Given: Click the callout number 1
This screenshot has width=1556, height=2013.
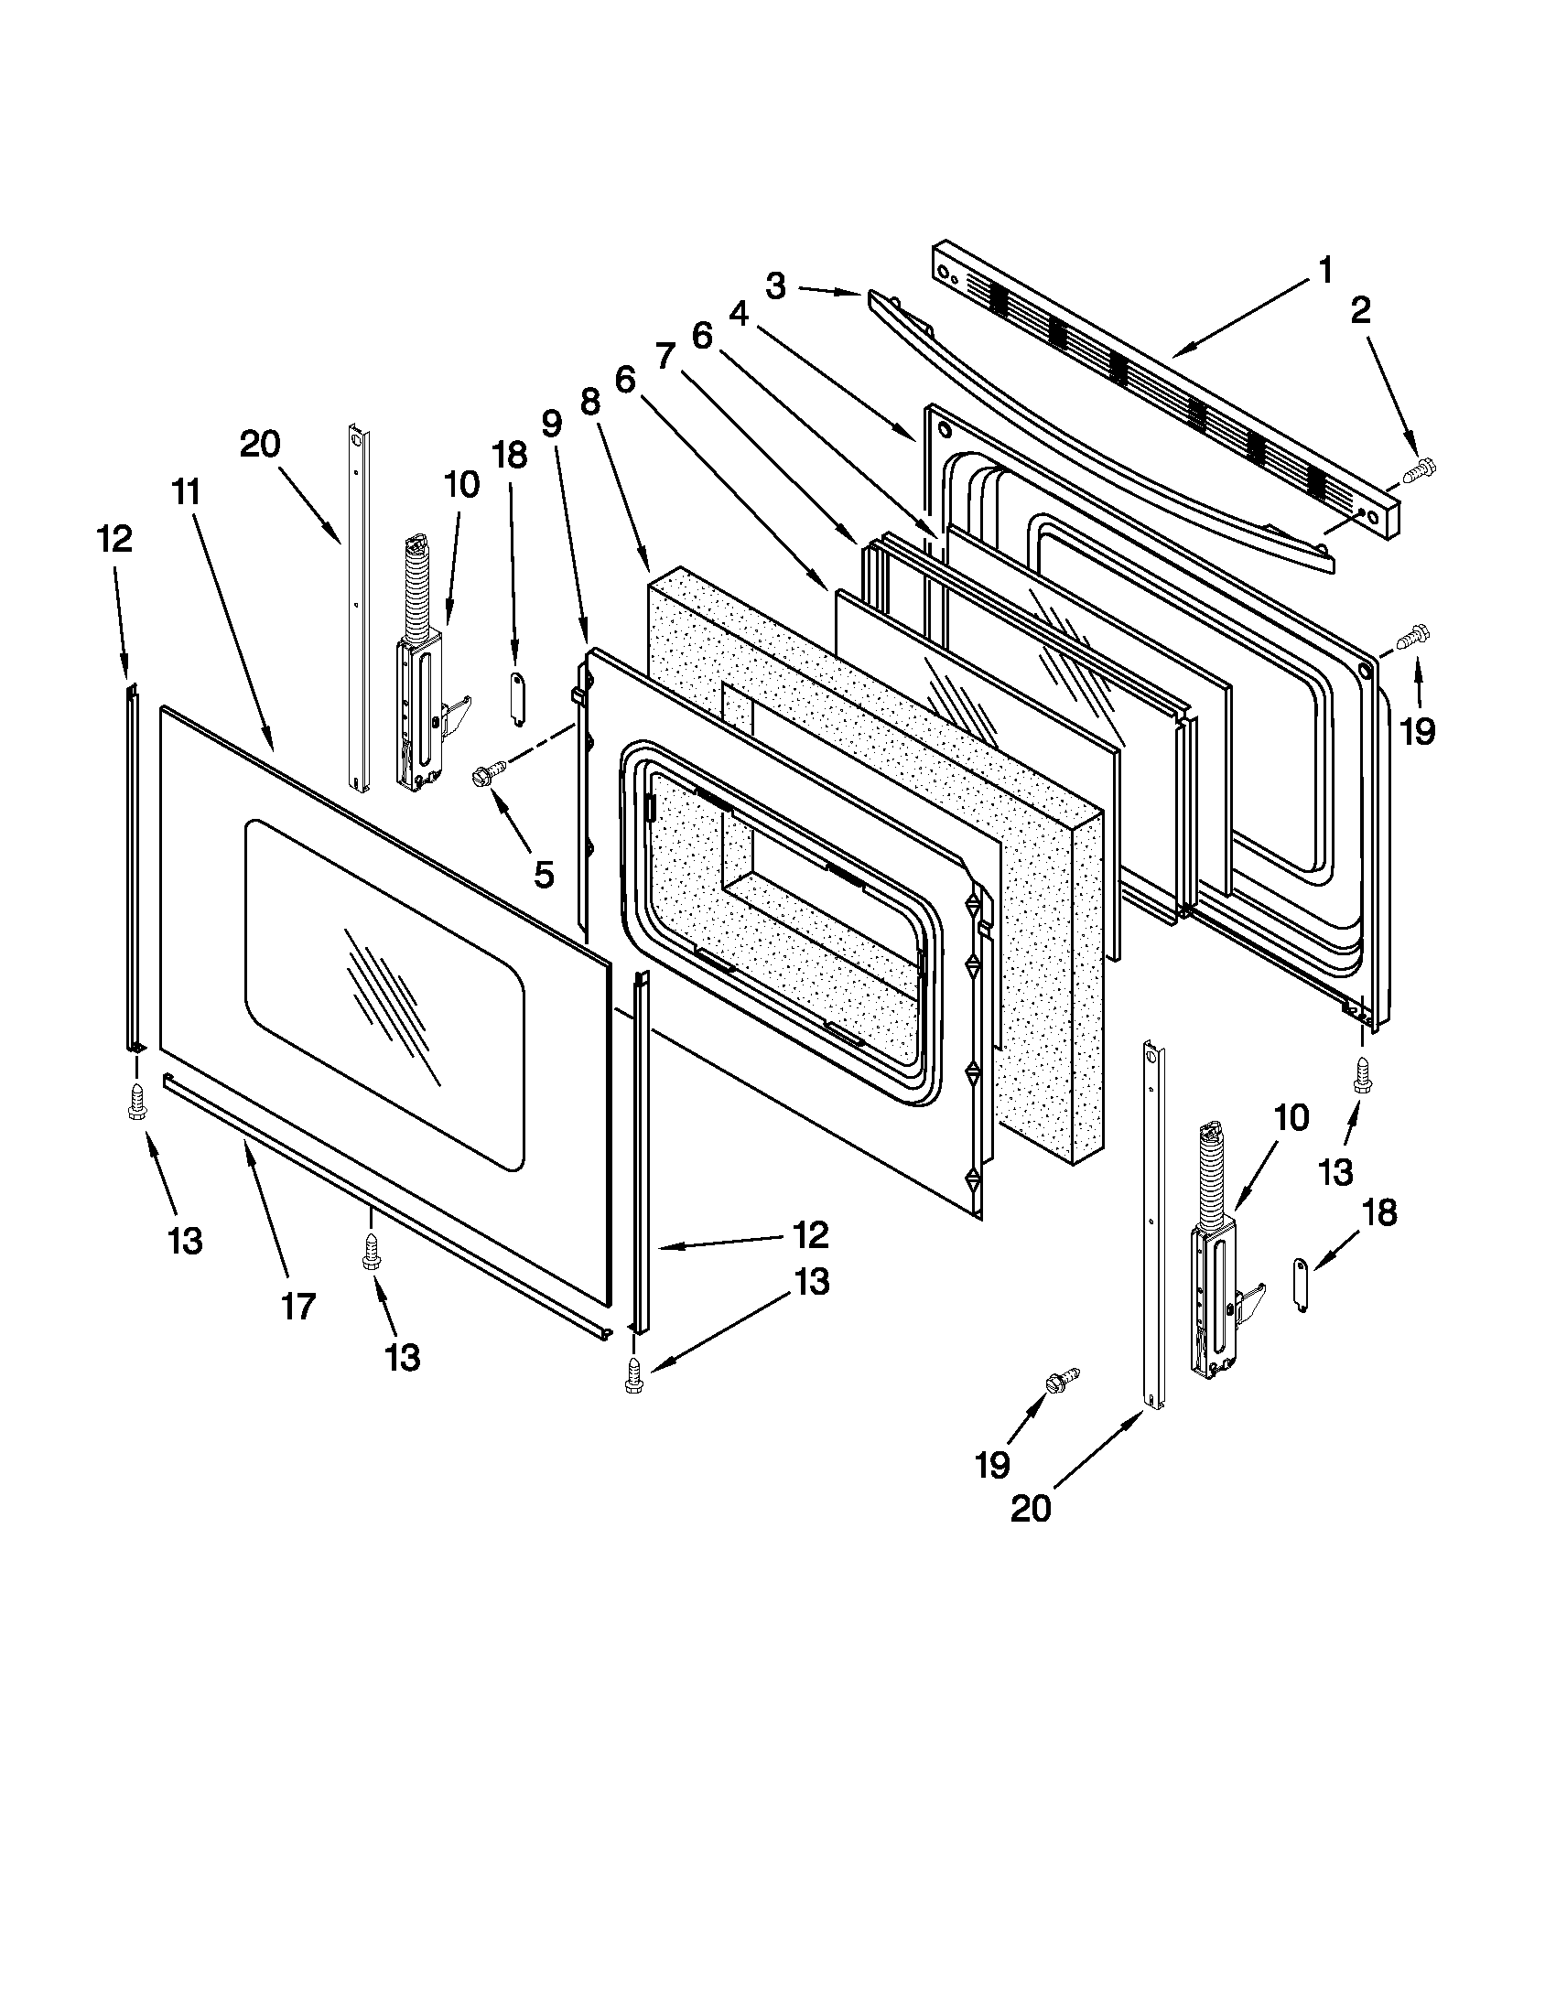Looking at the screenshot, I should click(x=1324, y=271).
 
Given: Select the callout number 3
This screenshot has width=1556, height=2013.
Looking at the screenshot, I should click(x=775, y=286).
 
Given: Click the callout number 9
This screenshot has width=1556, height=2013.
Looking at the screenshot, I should click(x=550, y=423).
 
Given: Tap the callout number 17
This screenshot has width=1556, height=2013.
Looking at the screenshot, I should click(x=297, y=1306).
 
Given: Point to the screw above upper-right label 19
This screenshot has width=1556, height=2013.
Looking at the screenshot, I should click(x=1412, y=636).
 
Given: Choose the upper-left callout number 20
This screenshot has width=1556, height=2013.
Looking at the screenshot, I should click(x=260, y=445).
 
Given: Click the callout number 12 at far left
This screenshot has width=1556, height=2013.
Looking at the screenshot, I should click(x=115, y=538).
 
